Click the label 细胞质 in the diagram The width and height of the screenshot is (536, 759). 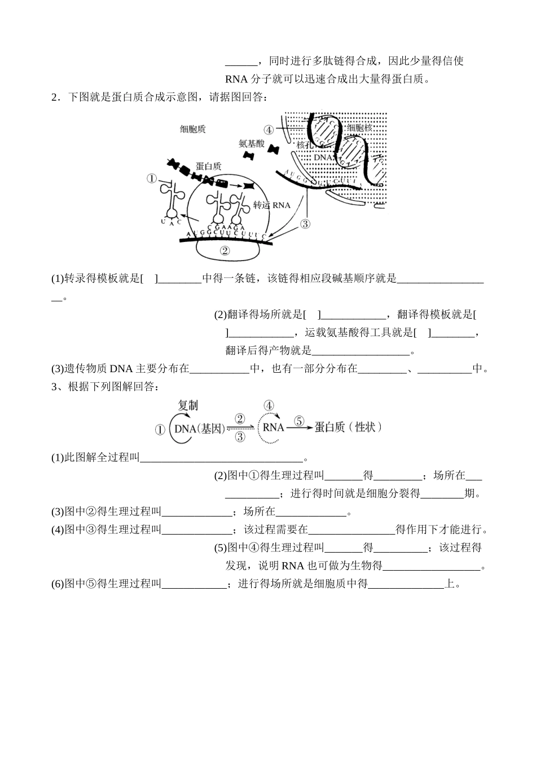[192, 129]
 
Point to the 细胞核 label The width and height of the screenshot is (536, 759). [359, 128]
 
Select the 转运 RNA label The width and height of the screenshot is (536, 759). [271, 205]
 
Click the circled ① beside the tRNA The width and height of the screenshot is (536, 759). [152, 179]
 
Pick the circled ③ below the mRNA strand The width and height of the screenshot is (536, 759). [305, 224]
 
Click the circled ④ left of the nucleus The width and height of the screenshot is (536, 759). [268, 130]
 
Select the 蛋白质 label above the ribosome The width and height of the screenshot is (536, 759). [208, 166]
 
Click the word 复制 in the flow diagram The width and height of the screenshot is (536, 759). [187, 405]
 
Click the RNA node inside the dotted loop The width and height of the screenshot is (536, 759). [273, 427]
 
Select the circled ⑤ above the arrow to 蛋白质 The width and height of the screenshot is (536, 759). [298, 421]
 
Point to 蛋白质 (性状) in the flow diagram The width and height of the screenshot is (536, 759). [348, 427]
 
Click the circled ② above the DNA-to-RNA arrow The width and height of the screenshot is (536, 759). [240, 418]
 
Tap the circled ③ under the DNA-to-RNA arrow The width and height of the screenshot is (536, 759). [240, 436]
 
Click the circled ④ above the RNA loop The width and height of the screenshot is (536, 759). [269, 405]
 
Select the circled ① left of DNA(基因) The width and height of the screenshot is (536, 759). [160, 430]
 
